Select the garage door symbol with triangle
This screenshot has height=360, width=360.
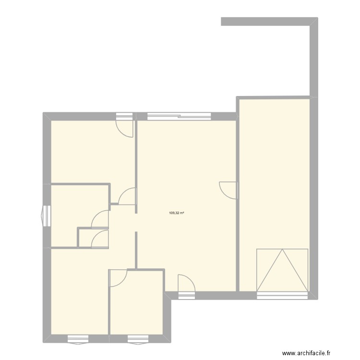[282, 270]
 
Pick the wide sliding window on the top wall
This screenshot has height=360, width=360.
[179, 116]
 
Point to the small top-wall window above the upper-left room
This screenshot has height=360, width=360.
[124, 116]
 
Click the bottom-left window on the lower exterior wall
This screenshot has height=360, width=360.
[78, 338]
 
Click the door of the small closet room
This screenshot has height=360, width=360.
[100, 238]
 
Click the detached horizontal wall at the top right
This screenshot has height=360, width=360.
[266, 21]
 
